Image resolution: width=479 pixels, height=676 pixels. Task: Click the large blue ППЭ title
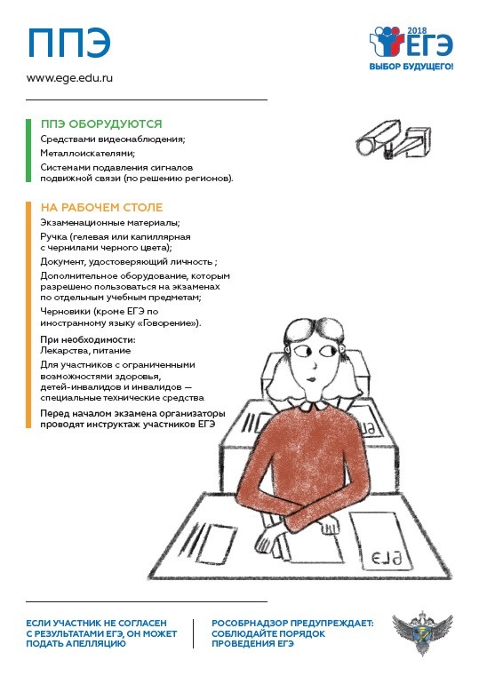[69, 44]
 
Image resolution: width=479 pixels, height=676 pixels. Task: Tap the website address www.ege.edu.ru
[69, 78]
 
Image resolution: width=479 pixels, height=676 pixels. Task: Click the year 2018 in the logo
[417, 30]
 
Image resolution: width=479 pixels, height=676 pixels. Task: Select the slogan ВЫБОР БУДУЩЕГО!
[411, 67]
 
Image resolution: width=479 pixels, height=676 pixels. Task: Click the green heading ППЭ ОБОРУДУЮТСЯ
[101, 124]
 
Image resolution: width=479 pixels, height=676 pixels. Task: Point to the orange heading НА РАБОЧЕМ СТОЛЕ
[101, 207]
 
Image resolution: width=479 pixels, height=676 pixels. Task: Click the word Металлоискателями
[87, 153]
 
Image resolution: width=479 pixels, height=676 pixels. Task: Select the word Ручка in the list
[54, 237]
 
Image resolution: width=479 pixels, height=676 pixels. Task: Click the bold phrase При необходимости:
[88, 339]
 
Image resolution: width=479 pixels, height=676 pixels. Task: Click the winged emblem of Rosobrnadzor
[422, 632]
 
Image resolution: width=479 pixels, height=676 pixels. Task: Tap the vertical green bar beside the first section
[28, 150]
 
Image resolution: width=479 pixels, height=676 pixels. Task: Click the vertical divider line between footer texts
[193, 633]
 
